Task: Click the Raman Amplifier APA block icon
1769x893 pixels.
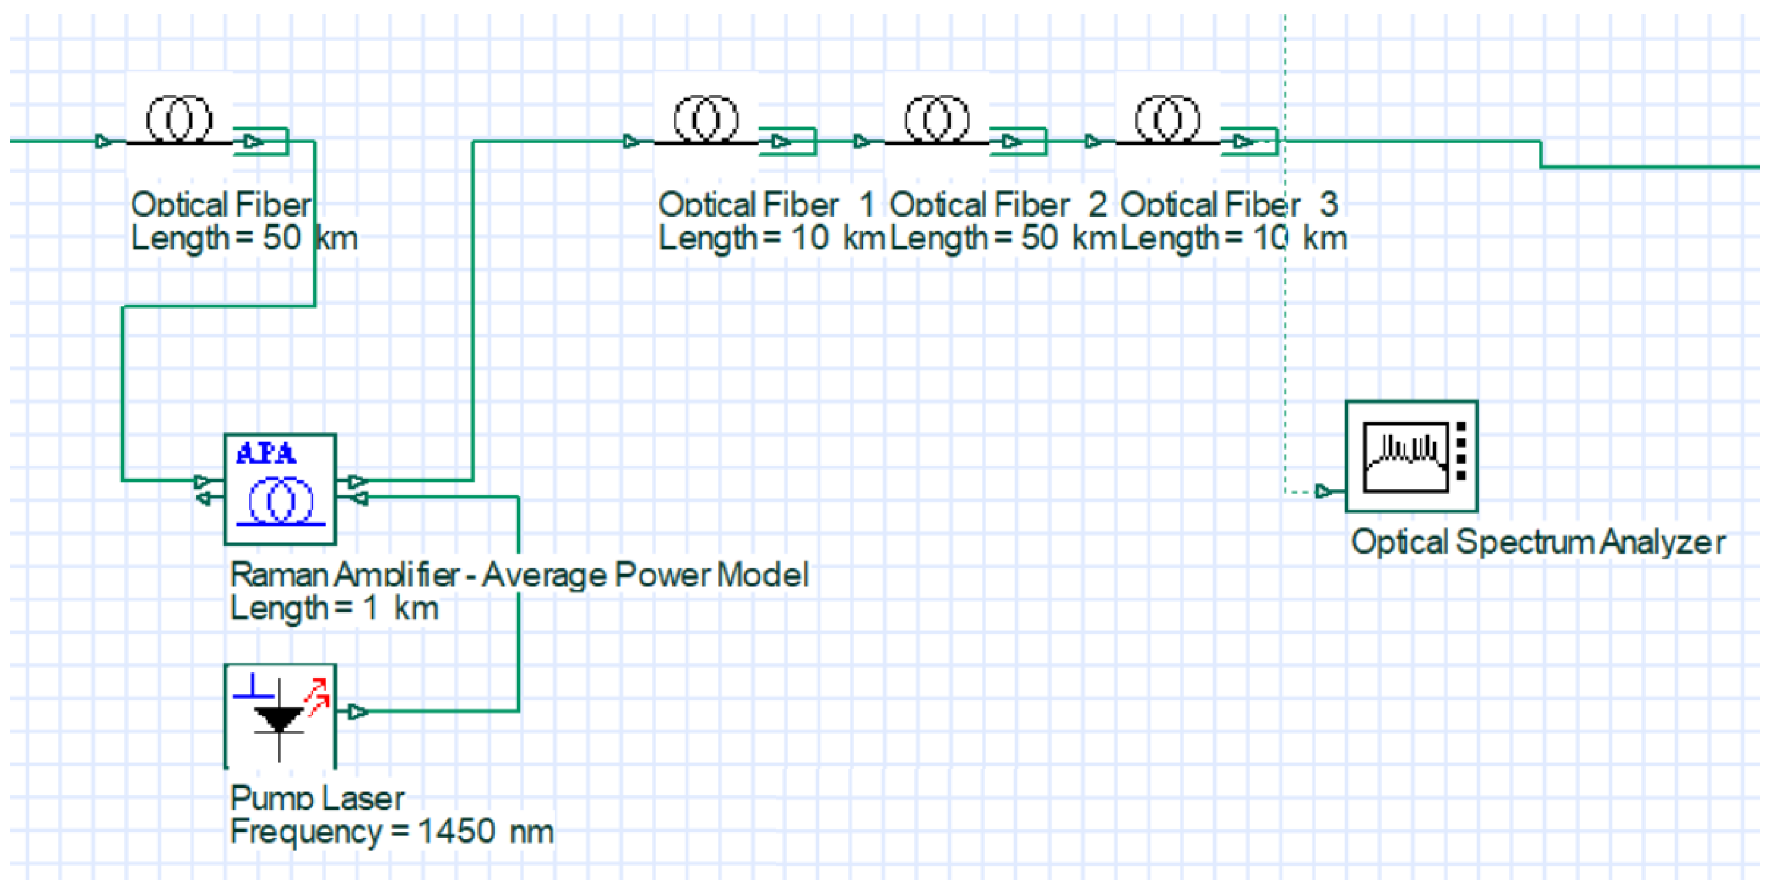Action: point(280,488)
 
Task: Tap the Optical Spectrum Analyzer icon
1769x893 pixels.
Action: point(1411,456)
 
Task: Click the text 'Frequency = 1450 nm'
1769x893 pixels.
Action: point(392,831)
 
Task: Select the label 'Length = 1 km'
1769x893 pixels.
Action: point(334,608)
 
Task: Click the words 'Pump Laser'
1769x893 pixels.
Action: point(317,798)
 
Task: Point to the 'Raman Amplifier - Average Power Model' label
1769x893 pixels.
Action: point(519,575)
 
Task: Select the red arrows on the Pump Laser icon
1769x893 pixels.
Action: point(317,696)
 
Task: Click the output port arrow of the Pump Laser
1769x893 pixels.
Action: point(357,712)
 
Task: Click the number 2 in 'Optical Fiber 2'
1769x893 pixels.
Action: point(1097,204)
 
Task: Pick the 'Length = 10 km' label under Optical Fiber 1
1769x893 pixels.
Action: point(771,238)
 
